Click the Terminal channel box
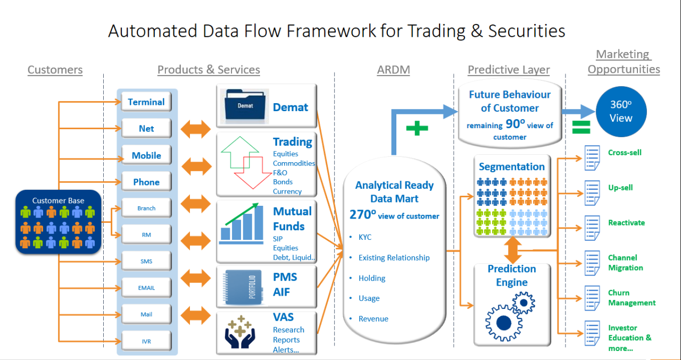tap(146, 102)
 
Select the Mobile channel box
tap(146, 155)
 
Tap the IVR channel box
tap(146, 341)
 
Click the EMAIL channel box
tap(146, 288)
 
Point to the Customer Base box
tap(58, 222)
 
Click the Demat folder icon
tap(245, 105)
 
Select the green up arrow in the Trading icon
tap(238, 154)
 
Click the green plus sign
tap(417, 128)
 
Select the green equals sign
tap(581, 127)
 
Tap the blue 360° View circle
tap(621, 112)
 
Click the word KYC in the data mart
tap(365, 237)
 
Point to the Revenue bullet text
tap(373, 319)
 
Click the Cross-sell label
tap(625, 153)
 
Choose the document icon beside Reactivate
tap(592, 228)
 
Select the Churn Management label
tap(632, 298)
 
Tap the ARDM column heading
tap(393, 70)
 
